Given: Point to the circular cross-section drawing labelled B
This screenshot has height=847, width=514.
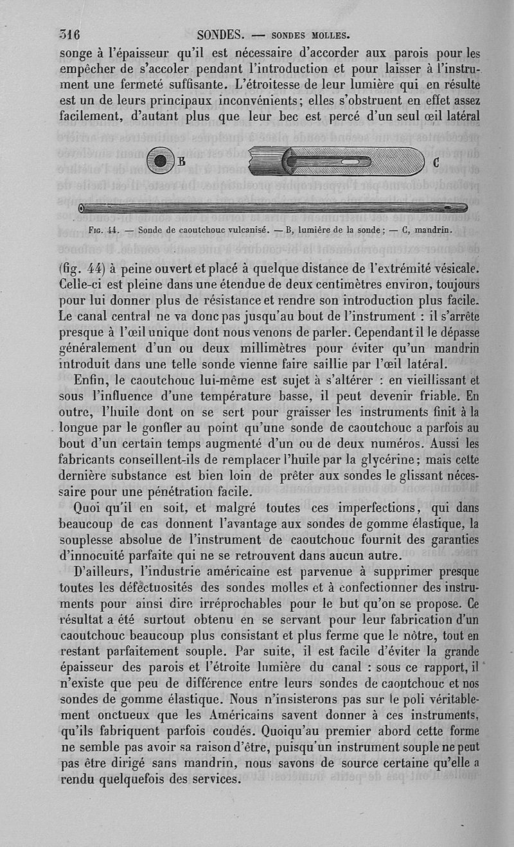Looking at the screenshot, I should [x=161, y=160].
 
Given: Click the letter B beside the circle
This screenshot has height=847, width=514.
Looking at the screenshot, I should [x=181, y=161].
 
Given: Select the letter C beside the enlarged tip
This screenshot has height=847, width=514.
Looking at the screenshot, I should [x=436, y=161].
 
